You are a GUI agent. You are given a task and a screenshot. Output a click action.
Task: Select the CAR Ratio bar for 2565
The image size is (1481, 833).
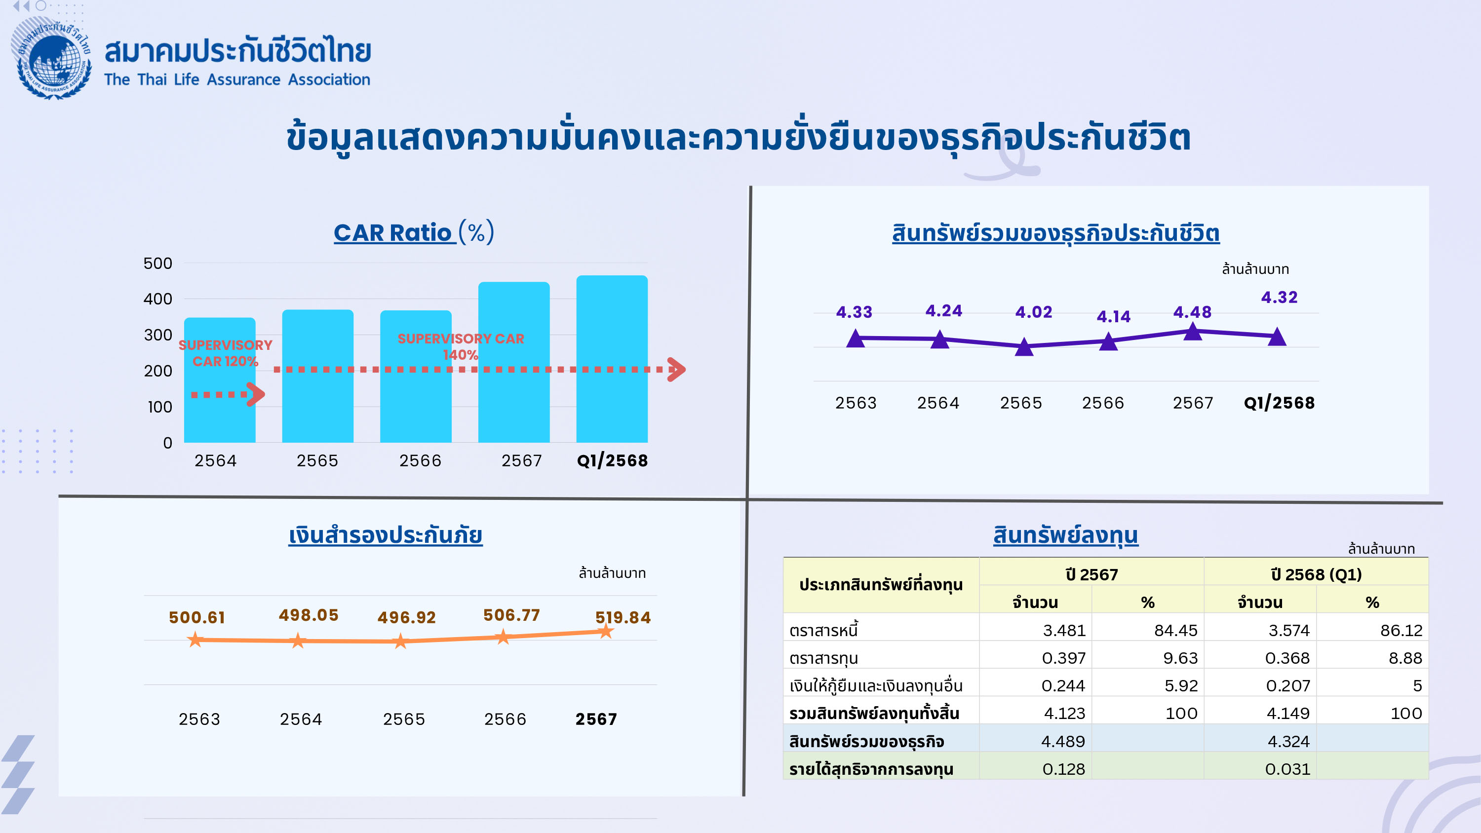point(317,376)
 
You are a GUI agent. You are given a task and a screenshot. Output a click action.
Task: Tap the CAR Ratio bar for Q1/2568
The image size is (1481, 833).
point(612,359)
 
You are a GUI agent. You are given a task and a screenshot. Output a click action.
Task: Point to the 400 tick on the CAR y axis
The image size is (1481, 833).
point(157,299)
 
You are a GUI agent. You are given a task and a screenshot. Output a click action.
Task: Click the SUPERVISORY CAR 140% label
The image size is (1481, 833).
point(461,346)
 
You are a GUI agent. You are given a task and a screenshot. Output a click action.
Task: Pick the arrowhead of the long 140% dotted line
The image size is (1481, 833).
point(677,370)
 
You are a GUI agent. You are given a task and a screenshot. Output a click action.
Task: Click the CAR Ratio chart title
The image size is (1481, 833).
point(414,232)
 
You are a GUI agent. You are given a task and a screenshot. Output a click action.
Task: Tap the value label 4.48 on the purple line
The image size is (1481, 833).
point(1192,312)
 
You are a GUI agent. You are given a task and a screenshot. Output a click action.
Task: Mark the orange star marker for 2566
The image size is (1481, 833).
point(503,637)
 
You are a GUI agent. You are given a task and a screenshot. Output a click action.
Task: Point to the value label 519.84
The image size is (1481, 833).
point(623,617)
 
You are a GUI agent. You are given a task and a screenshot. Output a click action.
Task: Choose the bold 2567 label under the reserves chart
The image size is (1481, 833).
point(596,719)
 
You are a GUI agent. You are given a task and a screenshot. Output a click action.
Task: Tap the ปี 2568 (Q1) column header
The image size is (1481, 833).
point(1316,574)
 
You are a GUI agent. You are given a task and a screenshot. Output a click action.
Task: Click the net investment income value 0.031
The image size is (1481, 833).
point(1287,769)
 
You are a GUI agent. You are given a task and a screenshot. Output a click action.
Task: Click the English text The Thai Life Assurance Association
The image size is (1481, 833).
point(237,79)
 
